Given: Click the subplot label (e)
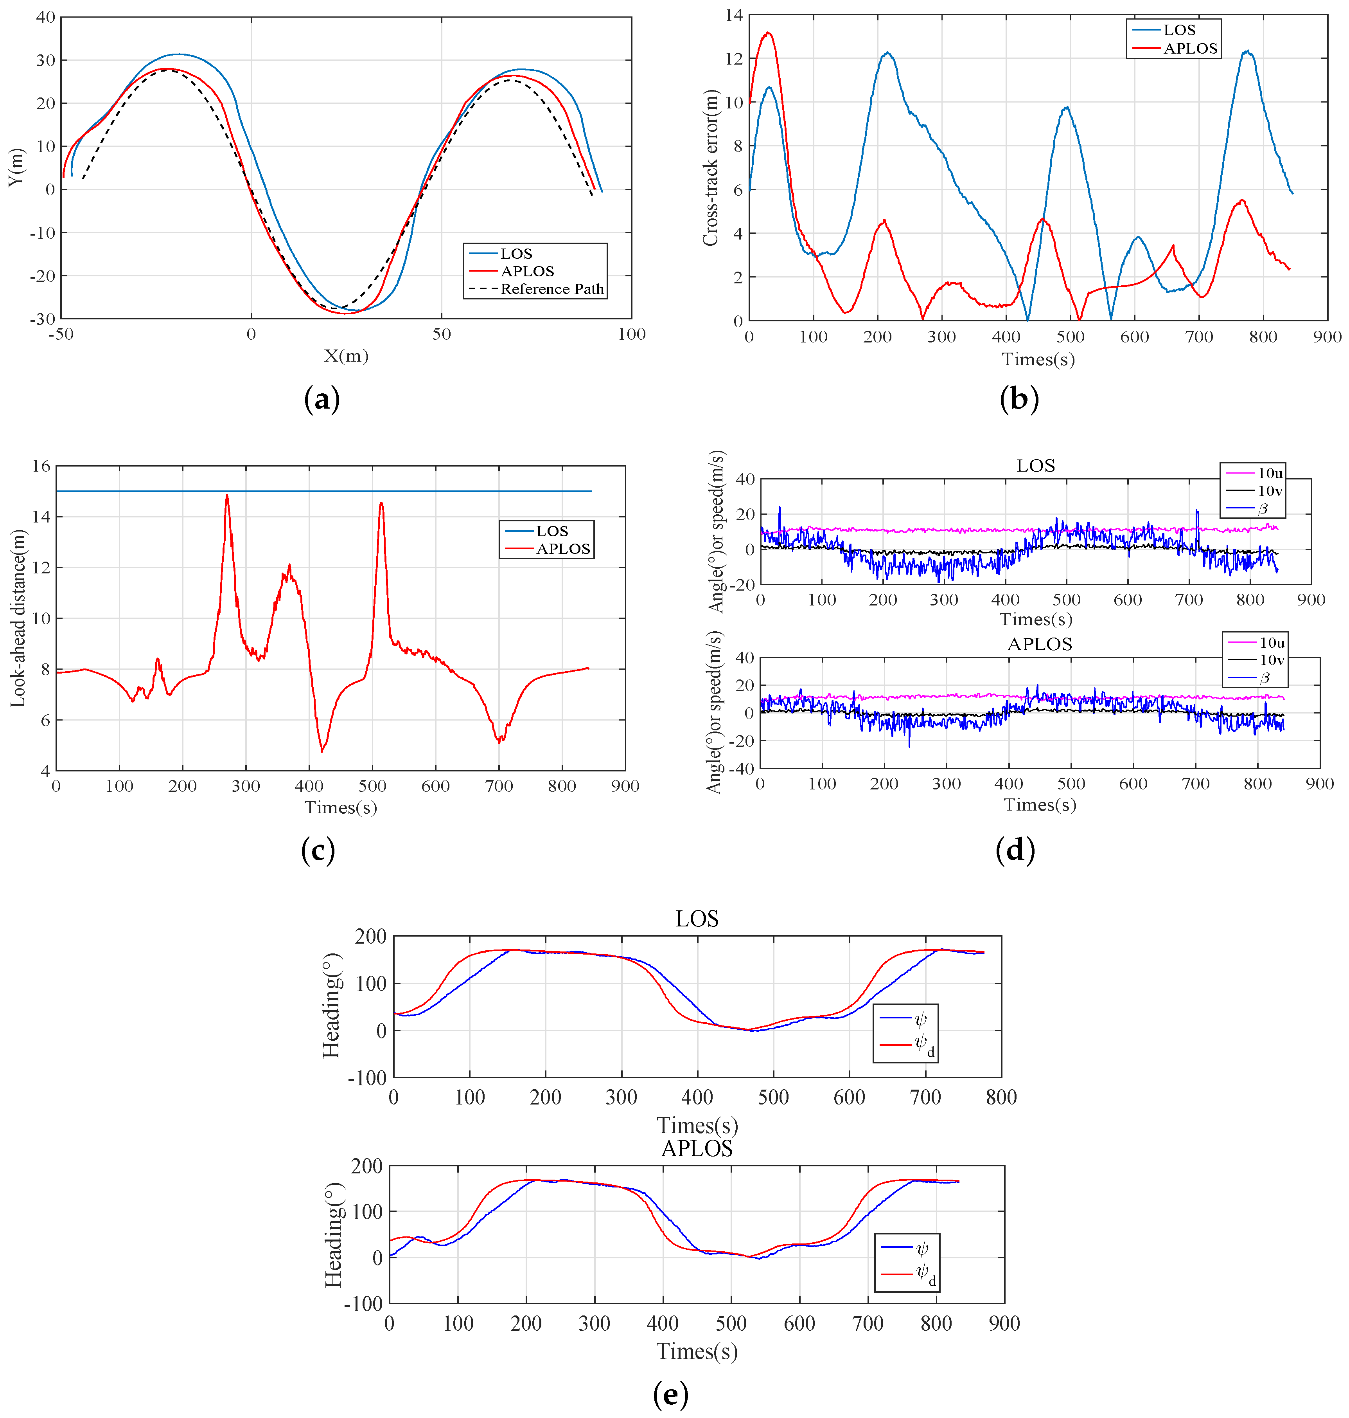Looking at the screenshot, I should point(670,1394).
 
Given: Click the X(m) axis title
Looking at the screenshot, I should point(346,355).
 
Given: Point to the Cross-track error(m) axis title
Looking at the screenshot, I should point(710,168).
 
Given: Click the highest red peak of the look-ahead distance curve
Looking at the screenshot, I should point(227,495).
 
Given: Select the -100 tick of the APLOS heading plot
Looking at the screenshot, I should point(363,1304).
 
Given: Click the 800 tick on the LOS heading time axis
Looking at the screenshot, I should point(1001,1097).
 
